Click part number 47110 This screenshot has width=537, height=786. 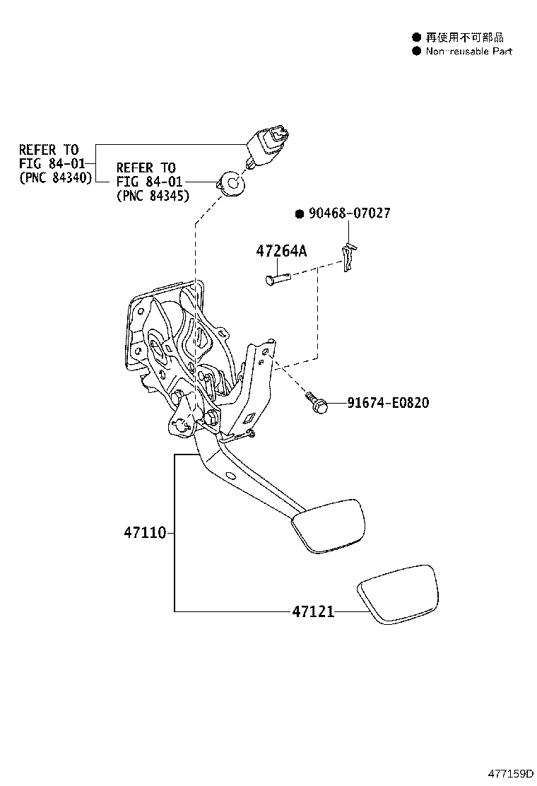coord(145,532)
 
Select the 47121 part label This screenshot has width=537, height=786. coord(313,611)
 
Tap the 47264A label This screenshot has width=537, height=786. coord(281,251)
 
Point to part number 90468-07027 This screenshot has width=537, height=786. coord(349,213)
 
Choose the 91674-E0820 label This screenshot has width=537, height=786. coord(388,402)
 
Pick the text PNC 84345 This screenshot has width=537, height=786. coord(153,196)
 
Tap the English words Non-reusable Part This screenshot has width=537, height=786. coord(469,51)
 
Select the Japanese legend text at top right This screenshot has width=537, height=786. coord(464,37)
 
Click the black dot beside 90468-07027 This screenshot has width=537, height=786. coord(300,214)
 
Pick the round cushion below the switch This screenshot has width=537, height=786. coord(231,183)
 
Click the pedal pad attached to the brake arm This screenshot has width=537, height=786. coord(328,526)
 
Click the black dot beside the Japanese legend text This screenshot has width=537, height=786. coord(416,37)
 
